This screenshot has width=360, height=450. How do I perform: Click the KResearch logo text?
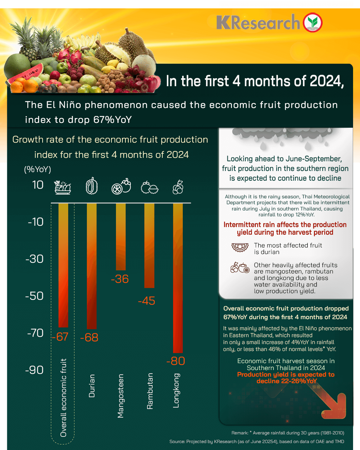[258, 22]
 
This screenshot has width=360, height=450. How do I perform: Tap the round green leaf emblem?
[313, 22]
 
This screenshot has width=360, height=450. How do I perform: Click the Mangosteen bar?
[121, 237]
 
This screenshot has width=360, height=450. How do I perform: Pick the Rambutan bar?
[149, 245]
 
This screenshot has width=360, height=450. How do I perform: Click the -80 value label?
[176, 361]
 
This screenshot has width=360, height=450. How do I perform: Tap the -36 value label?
[120, 279]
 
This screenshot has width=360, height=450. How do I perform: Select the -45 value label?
[146, 301]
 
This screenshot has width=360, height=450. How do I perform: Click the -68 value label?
[89, 337]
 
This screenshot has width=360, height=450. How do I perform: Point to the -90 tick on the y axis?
[34, 370]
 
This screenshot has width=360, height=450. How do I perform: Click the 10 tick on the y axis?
[38, 185]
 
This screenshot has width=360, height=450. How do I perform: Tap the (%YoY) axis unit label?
[37, 169]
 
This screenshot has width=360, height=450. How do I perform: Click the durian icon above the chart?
[92, 186]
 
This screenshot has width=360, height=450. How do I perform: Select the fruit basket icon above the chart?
[63, 187]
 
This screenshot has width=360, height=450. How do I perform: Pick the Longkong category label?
[176, 390]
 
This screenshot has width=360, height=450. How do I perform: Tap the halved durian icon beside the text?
[240, 247]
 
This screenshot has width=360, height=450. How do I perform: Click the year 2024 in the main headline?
[326, 81]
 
